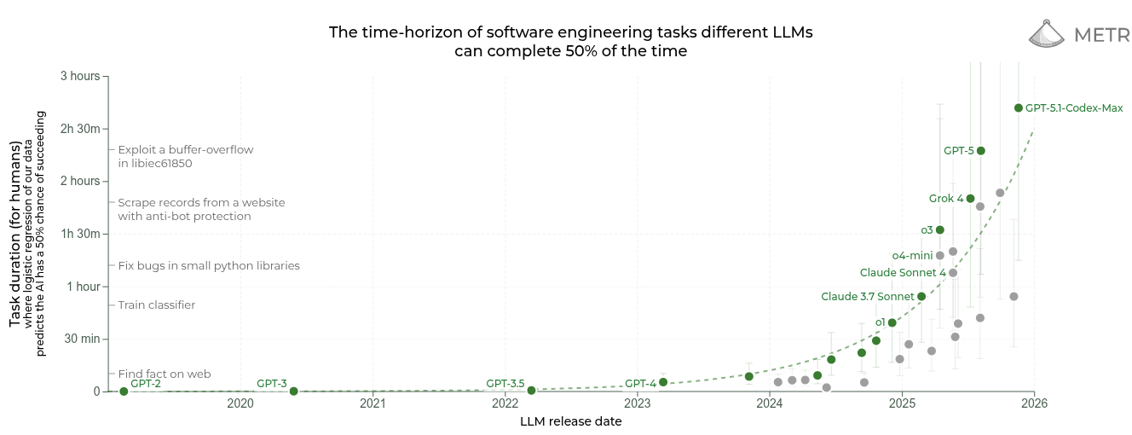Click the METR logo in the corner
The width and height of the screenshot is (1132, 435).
(1078, 34)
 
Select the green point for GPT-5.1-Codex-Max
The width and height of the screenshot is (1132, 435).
(1019, 107)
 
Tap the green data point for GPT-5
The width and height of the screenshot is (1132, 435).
(980, 151)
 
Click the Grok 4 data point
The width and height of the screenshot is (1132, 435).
(970, 199)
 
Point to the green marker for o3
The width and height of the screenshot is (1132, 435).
(939, 229)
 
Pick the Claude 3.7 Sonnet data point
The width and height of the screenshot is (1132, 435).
(921, 296)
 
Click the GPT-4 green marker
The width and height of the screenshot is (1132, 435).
(663, 382)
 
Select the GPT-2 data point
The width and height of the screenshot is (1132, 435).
(124, 391)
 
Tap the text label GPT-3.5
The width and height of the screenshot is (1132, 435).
(505, 384)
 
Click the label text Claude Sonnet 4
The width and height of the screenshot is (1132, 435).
(903, 273)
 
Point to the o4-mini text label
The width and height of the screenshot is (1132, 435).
(912, 255)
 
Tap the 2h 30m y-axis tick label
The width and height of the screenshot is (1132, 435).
(80, 129)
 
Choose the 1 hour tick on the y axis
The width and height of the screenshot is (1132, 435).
(84, 287)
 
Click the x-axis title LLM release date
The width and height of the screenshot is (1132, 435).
(570, 421)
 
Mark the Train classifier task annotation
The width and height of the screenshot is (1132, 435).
(156, 305)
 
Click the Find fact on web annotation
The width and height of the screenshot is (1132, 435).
(164, 374)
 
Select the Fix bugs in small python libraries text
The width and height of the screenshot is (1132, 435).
(209, 266)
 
